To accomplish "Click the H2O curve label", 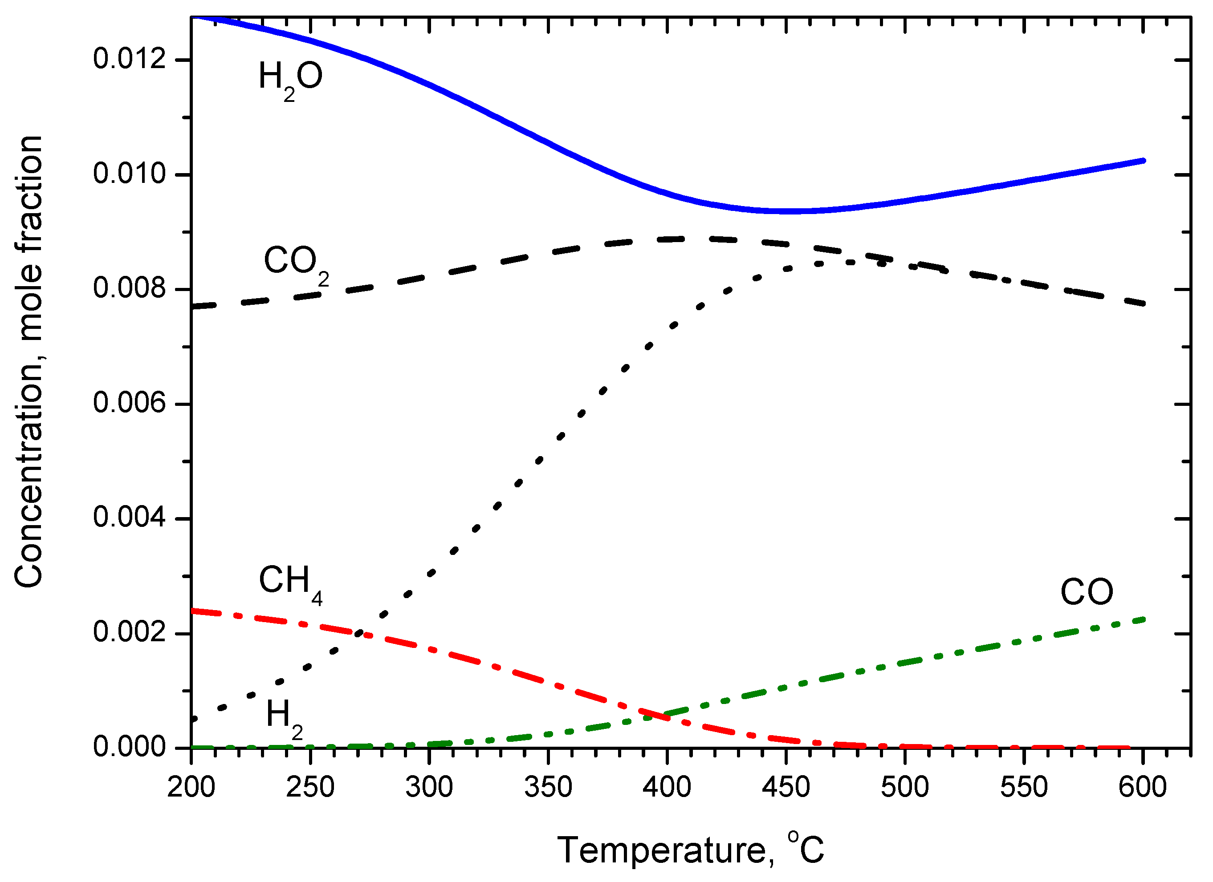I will [x=290, y=78].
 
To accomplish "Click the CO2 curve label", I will [x=296, y=263].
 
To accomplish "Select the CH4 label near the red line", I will [x=290, y=583].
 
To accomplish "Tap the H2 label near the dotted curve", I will [x=284, y=717].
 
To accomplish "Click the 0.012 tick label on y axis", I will [x=130, y=58].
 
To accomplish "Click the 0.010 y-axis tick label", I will [x=130, y=174].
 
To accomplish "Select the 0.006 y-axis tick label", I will [x=130, y=403].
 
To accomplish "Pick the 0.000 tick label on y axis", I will [x=130, y=747].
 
